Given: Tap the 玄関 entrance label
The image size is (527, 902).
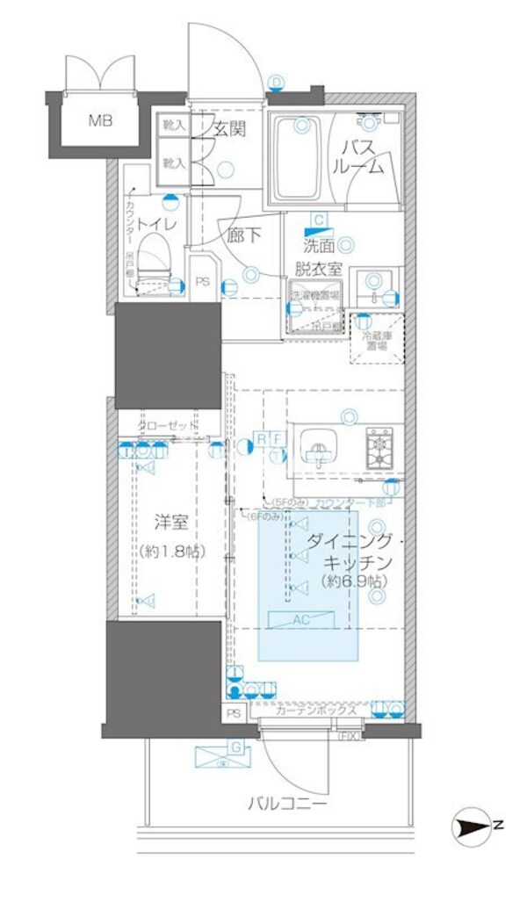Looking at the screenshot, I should click(x=228, y=129).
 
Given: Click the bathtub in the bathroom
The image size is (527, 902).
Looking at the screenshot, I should click(x=294, y=158).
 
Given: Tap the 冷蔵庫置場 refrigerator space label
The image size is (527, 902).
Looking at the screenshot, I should click(x=375, y=341).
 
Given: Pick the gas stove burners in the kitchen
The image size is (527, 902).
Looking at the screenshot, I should click(x=379, y=448).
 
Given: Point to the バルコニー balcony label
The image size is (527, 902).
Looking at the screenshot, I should click(x=286, y=804).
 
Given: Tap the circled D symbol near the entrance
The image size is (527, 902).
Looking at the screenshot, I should click(x=278, y=83).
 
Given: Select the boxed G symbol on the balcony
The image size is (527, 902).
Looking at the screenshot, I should click(x=235, y=748).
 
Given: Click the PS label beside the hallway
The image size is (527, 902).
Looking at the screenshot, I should click(x=202, y=282).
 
